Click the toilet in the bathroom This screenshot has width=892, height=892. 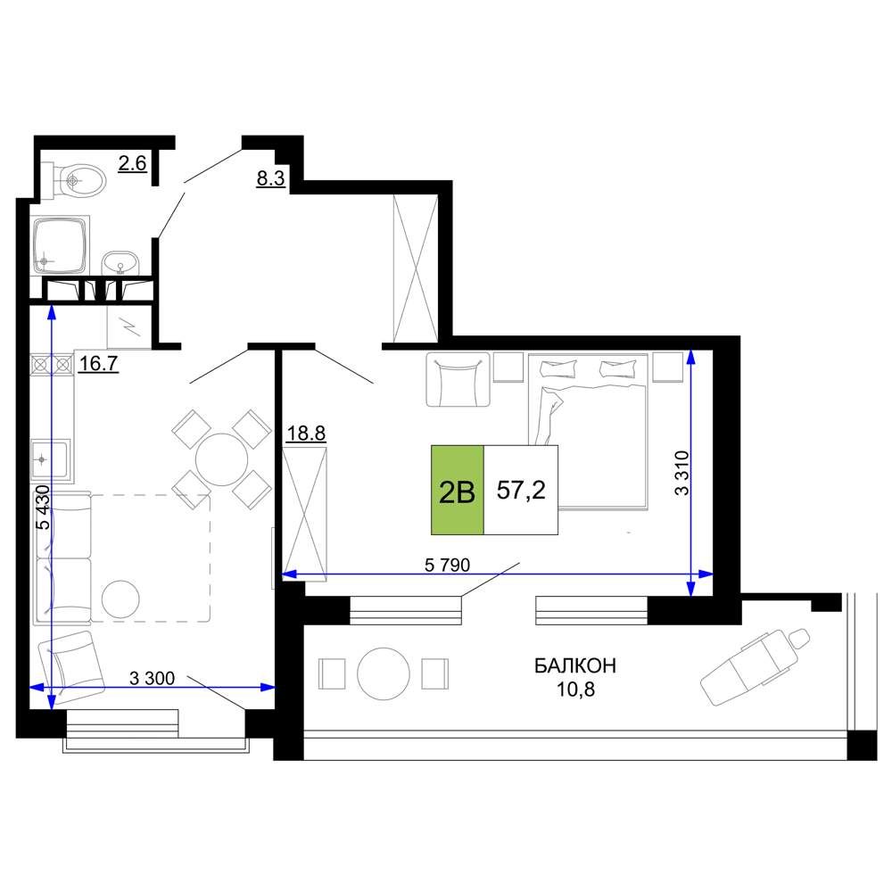click(x=76, y=181)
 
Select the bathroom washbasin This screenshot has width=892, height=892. click(x=120, y=264)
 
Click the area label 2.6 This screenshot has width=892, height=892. click(x=133, y=164)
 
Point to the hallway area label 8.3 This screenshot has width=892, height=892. click(x=270, y=178)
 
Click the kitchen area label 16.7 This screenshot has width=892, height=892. click(x=98, y=363)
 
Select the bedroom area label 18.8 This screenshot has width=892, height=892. click(x=306, y=434)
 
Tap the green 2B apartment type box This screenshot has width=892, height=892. click(x=458, y=491)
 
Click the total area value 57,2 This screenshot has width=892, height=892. click(x=521, y=490)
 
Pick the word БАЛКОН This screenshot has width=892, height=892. click(x=575, y=665)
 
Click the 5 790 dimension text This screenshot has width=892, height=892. click(x=447, y=565)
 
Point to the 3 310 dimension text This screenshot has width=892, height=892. click(x=681, y=474)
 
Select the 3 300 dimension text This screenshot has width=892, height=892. click(x=152, y=678)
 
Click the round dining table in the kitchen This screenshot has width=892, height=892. click(x=221, y=459)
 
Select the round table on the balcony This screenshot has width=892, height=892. click(x=384, y=674)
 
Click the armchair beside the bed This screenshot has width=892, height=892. click(x=458, y=379)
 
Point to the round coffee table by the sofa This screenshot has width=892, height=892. click(x=120, y=599)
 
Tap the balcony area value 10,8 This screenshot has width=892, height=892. click(x=575, y=690)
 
